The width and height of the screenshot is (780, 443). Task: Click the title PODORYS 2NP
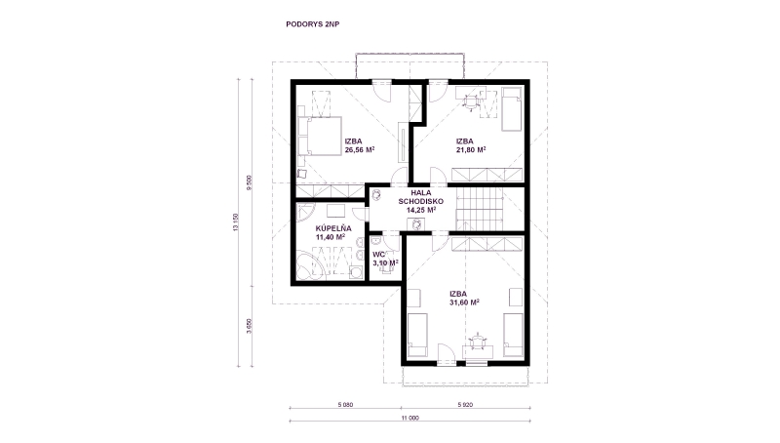(x=312, y=23)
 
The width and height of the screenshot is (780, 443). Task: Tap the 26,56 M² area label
(x=360, y=149)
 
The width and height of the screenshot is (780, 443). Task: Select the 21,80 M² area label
(x=471, y=149)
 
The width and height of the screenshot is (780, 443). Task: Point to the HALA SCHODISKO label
(x=421, y=197)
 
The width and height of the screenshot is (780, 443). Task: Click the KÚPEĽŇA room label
(x=333, y=228)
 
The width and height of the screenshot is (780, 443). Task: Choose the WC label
(x=379, y=255)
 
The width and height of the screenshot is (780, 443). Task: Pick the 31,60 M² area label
(x=464, y=302)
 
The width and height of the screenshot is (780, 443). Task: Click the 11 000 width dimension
(x=410, y=418)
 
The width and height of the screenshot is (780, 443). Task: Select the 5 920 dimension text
(x=465, y=405)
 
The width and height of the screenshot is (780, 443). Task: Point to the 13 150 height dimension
(x=235, y=222)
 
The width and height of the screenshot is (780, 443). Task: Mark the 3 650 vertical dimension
(x=249, y=326)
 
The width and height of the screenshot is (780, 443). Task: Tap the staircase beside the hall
(x=481, y=209)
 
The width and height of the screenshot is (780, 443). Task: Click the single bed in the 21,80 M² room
(x=511, y=109)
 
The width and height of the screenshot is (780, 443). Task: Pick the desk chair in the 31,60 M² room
(x=478, y=342)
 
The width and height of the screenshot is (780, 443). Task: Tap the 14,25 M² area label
(x=421, y=210)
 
